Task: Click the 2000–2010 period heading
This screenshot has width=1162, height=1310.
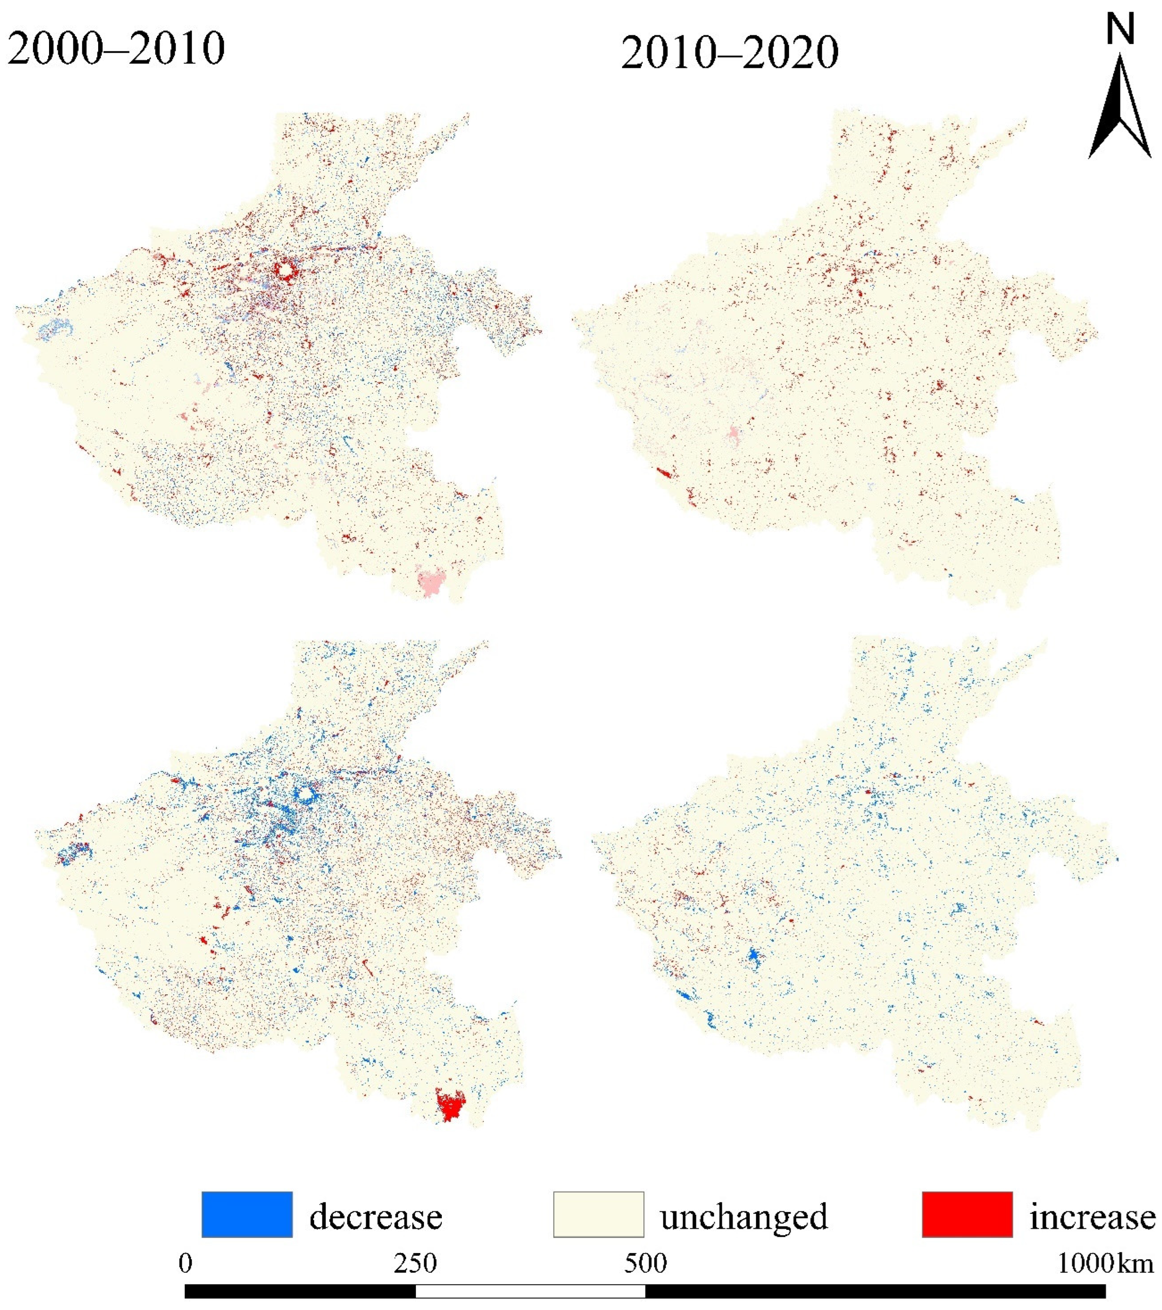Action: (x=116, y=49)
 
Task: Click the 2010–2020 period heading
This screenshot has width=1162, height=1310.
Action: (x=729, y=53)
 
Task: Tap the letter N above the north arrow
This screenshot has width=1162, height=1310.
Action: (x=1120, y=30)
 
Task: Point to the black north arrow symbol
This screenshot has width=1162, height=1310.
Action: (x=1120, y=109)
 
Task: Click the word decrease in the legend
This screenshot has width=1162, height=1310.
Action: (x=375, y=1216)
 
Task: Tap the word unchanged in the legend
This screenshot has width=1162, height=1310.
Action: (x=744, y=1216)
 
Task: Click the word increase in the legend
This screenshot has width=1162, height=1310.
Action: (x=1092, y=1216)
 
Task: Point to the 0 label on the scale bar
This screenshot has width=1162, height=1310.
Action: (x=185, y=1263)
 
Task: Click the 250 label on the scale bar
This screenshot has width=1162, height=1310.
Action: (x=415, y=1263)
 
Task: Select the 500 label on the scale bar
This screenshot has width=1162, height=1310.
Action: (x=645, y=1263)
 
